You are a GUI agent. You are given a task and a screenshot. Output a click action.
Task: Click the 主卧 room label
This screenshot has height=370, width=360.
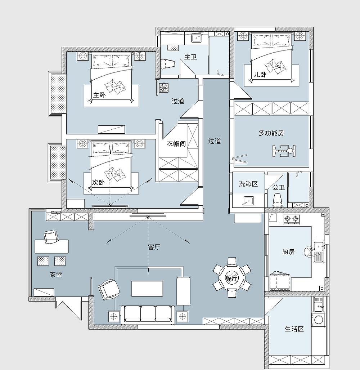click(99, 95)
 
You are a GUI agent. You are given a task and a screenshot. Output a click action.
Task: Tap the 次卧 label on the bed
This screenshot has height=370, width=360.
click(98, 182)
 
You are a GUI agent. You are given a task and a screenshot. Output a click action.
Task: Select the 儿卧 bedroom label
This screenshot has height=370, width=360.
click(260, 75)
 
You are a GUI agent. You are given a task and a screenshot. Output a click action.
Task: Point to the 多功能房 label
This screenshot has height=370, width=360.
click(271, 133)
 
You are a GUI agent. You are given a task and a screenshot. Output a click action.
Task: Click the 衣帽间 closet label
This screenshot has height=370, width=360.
click(176, 143)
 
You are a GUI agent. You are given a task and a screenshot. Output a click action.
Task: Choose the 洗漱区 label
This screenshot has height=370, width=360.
click(248, 184)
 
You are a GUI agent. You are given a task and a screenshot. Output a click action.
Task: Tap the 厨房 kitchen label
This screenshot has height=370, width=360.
click(288, 252)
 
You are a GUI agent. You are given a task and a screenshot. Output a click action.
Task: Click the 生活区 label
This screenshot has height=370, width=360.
click(294, 329)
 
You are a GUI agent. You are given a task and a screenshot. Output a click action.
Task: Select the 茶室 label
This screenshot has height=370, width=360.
click(56, 275)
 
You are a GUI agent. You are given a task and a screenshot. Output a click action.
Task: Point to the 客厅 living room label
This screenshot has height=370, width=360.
click(154, 247)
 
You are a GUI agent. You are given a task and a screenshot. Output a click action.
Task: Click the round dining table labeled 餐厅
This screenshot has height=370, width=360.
click(232, 278)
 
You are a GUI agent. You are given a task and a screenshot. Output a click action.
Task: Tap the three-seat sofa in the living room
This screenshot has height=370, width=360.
click(148, 315)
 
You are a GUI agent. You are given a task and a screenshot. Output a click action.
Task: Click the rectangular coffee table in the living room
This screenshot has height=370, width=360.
click(147, 288)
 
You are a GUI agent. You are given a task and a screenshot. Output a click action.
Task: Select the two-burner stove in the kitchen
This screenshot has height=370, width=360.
click(292, 219)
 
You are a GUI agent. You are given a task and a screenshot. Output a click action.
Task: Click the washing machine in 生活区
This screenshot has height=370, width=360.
click(318, 320)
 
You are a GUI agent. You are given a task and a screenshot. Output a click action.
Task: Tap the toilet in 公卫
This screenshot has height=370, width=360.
click(278, 200)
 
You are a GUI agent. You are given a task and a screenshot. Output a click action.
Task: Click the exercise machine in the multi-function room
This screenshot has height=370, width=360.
click(284, 150)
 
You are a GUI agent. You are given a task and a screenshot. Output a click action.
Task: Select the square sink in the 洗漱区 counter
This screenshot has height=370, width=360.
click(249, 201)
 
